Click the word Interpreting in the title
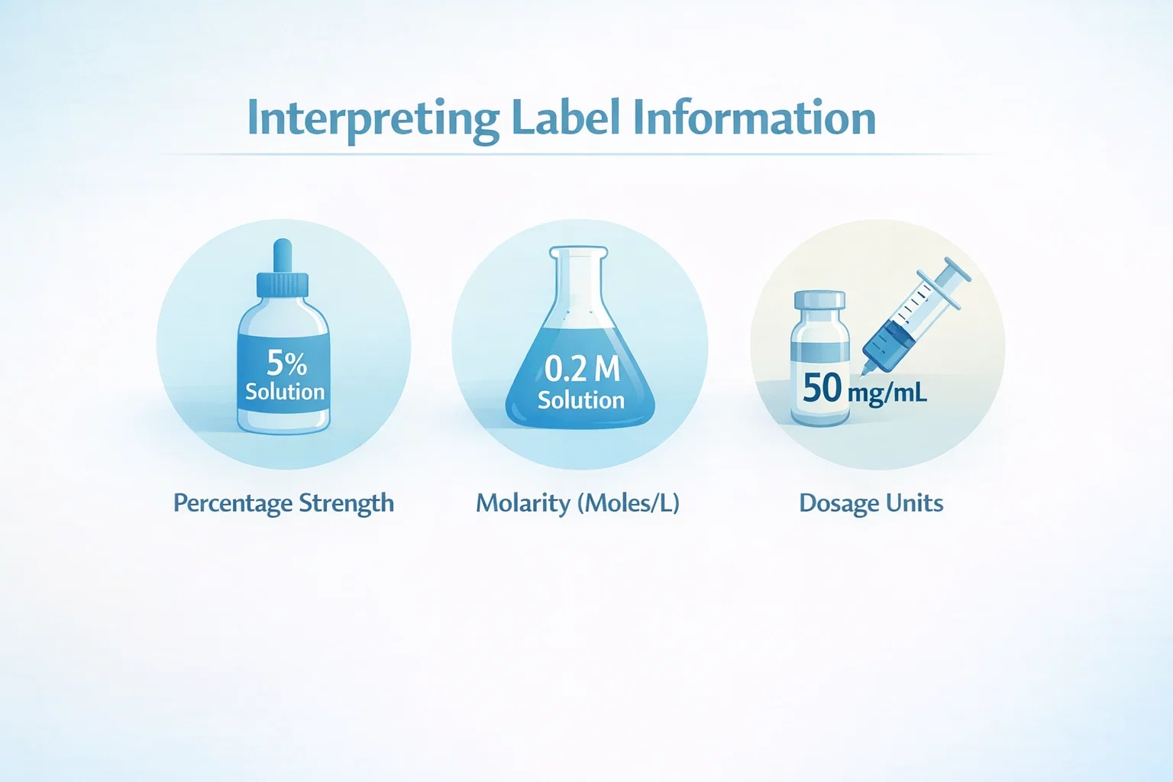pos(373,119)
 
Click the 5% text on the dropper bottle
pos(286,364)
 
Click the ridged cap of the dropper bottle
pos(283,286)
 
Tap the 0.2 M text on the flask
pos(582,369)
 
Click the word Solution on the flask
pos(580,400)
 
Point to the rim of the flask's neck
pos(579,251)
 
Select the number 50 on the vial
pos(822,387)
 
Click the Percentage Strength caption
pos(283,503)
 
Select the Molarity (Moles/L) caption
pos(577,503)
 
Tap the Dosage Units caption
pos(871,503)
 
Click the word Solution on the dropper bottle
pos(285,392)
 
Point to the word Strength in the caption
pos(346,503)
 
